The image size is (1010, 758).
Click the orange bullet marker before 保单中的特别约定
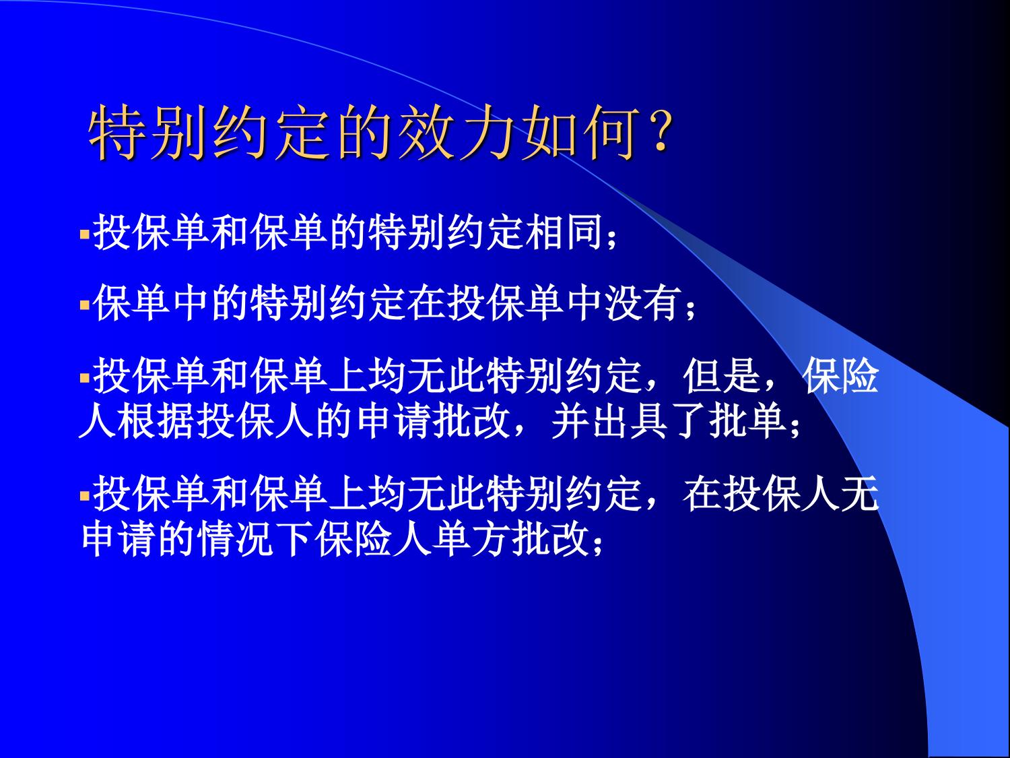click(85, 305)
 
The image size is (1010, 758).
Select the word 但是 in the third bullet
click(722, 376)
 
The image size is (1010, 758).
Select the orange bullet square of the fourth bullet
click(85, 496)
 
